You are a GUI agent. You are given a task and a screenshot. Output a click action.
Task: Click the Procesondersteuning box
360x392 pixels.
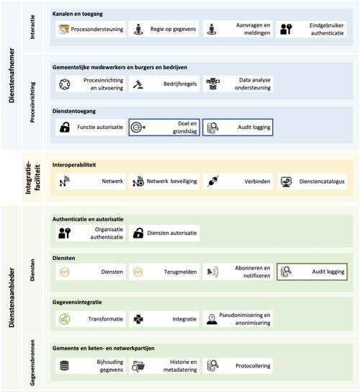(x=91, y=29)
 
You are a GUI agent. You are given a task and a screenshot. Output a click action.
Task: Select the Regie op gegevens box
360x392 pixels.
(x=163, y=29)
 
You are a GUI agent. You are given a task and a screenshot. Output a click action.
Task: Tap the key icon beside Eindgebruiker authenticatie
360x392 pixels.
(x=286, y=29)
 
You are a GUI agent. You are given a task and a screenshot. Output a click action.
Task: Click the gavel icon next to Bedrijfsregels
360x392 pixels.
(x=138, y=84)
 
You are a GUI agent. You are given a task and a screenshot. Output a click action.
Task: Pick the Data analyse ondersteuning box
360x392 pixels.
(x=238, y=84)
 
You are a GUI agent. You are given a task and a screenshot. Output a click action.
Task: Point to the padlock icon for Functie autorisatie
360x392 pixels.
(x=65, y=128)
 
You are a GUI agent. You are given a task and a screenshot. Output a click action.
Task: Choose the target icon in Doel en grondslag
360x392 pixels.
(x=138, y=128)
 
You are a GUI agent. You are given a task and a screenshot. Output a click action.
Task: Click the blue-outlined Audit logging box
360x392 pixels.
(x=238, y=128)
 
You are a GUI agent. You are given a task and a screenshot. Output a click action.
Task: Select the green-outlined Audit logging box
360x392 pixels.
(x=312, y=272)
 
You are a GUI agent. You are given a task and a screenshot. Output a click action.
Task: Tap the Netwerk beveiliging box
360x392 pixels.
(x=164, y=182)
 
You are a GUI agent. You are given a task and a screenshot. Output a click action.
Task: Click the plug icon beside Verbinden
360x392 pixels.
(x=213, y=182)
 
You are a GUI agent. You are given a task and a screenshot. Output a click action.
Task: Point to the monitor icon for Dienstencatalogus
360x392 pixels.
(x=286, y=182)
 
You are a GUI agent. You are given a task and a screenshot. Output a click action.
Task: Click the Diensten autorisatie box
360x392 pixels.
(x=164, y=233)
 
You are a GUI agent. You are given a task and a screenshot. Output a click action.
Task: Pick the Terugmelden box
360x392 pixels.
(x=164, y=272)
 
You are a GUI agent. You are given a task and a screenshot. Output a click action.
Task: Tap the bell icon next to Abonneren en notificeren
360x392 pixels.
(x=212, y=272)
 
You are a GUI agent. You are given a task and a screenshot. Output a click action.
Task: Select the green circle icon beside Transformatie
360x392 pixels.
(x=65, y=319)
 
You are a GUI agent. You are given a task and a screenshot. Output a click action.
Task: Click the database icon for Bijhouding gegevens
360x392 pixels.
(x=65, y=366)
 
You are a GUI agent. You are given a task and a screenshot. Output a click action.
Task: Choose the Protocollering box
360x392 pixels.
(x=238, y=366)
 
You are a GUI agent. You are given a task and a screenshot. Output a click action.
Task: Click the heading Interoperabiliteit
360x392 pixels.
(x=74, y=165)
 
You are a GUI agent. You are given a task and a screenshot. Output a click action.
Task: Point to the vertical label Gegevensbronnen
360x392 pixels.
(x=32, y=362)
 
